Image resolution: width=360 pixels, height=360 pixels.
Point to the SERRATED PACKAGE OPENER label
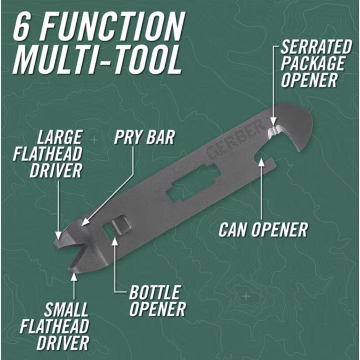316,63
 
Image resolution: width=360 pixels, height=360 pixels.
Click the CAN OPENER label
263,230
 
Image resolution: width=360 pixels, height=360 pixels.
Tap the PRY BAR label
145,137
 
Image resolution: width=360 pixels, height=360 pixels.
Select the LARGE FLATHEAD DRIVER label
48,154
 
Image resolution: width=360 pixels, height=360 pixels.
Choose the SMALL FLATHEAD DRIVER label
55,326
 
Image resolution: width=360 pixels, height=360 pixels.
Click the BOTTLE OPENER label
157,301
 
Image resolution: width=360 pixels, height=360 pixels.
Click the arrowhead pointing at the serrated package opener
273,121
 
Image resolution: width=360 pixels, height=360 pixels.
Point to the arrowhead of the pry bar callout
86,221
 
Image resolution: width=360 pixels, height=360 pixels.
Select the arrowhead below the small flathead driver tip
74,276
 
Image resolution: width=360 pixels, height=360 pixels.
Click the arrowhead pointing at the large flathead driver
59,236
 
